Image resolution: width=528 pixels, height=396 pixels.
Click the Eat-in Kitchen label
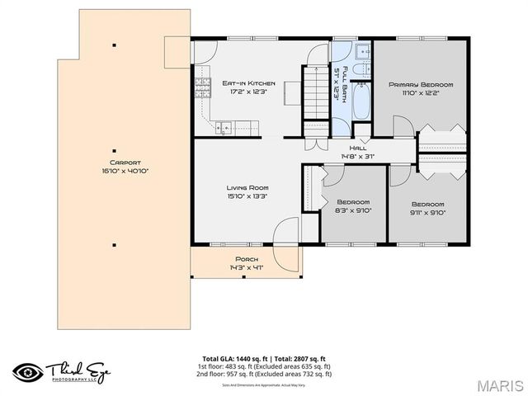pos(248,83)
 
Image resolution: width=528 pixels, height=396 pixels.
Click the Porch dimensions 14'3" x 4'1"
pos(246,268)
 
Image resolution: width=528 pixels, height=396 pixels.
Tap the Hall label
pos(359,148)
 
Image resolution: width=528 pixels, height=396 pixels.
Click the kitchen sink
pos(225,129)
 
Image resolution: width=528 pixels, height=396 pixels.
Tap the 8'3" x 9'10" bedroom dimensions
pos(353,211)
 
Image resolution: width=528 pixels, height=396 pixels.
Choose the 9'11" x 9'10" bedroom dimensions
pos(427,213)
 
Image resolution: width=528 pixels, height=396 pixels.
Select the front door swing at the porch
pos(286,234)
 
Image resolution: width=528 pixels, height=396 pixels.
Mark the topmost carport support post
pos(114,45)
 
